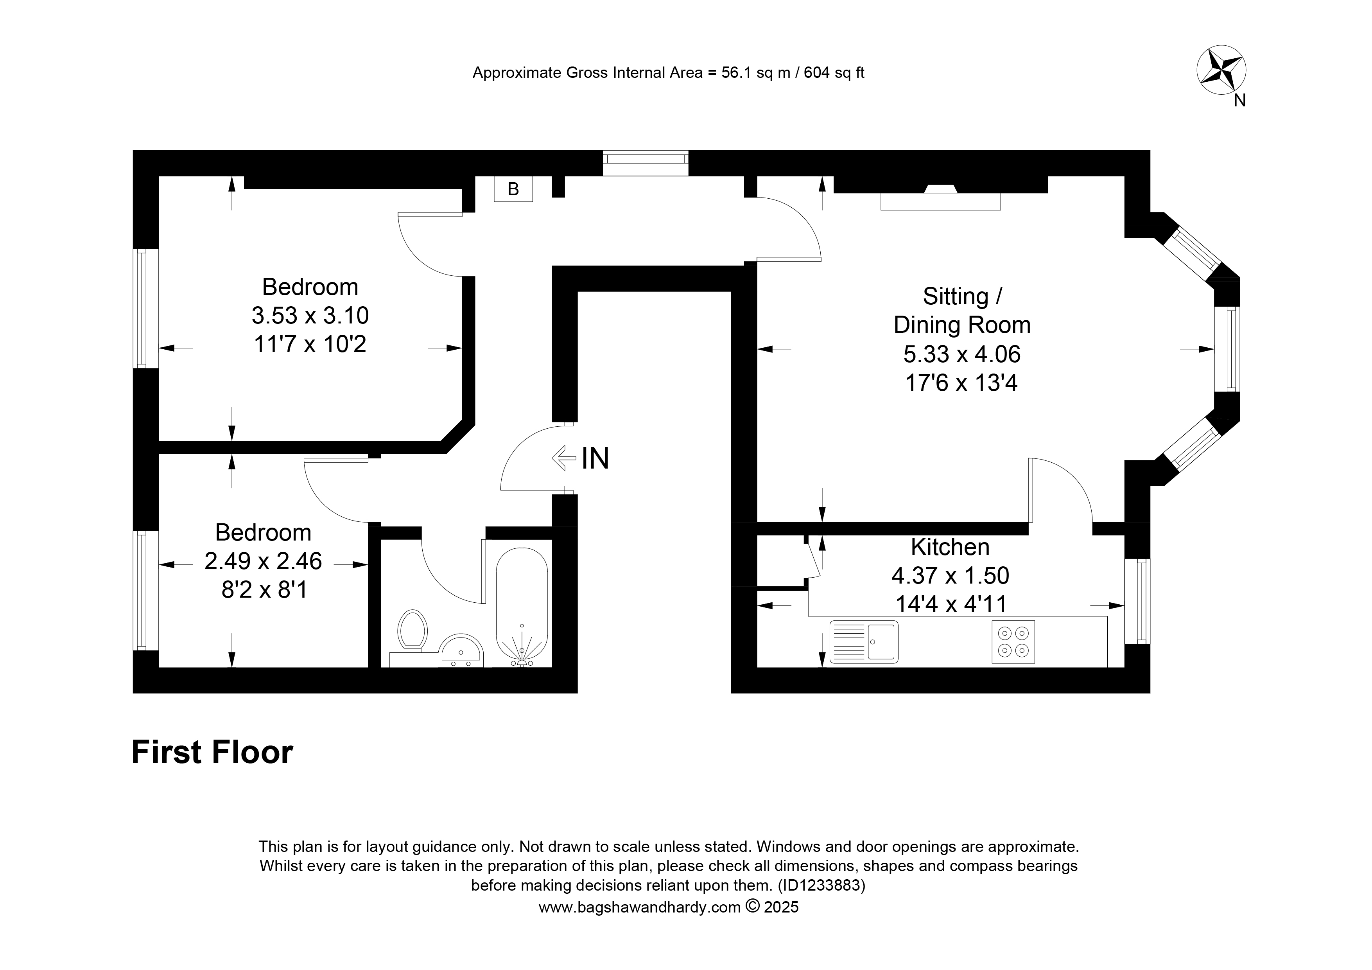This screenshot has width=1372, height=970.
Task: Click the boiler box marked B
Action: click(x=513, y=189)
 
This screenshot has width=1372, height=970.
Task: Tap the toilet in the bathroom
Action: click(x=412, y=631)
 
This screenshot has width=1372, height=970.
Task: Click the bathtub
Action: click(x=522, y=607)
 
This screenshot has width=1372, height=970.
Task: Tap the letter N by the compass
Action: click(x=1240, y=101)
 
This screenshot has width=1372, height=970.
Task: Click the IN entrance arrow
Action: click(x=562, y=458)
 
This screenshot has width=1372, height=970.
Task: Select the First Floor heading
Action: click(x=212, y=752)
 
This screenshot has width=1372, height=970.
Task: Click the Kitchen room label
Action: click(x=950, y=547)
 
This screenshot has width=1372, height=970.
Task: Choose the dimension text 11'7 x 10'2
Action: click(x=310, y=344)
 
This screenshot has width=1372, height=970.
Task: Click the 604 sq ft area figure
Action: click(x=834, y=73)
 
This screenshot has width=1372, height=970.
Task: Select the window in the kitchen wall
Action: click(x=1138, y=601)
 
